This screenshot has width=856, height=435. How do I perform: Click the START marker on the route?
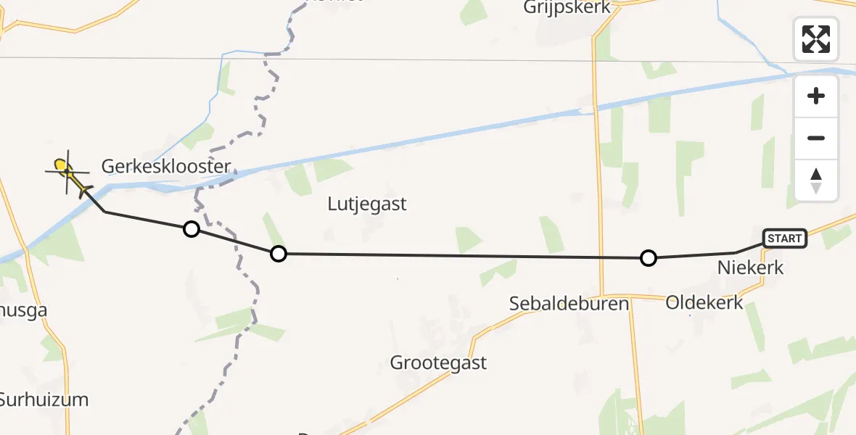[x=784, y=239]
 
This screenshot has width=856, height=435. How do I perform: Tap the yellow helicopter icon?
[x=66, y=171]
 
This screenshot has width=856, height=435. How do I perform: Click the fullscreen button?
[x=816, y=39]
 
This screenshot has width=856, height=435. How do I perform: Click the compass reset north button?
[x=816, y=181]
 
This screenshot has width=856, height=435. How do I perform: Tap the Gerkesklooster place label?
[x=166, y=167]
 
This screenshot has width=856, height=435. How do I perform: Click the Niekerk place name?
[x=750, y=268]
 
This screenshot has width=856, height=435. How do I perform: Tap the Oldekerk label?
[x=704, y=302]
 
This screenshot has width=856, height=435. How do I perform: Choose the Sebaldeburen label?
[x=569, y=303]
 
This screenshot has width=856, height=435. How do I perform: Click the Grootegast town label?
[x=438, y=362]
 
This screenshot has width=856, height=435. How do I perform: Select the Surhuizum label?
[x=44, y=399]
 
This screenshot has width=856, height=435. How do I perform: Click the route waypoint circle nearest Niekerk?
[x=649, y=258]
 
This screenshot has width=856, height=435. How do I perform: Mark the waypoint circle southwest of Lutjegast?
[x=278, y=254]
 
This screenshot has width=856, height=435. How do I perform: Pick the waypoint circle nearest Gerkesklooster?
[x=191, y=230]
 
